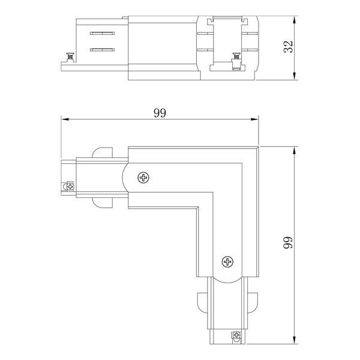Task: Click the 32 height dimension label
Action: pos(289,47)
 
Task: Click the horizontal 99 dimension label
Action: pos(160,113)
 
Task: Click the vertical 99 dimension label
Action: pos(289,242)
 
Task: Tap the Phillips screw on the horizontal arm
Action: pos(143,178)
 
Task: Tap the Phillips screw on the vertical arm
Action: pos(227,262)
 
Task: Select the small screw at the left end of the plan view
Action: pos(70,186)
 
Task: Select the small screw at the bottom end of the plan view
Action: pos(236,335)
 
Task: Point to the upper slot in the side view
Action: pos(102,33)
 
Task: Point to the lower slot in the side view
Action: pos(102,50)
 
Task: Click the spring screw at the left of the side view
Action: pos(70,57)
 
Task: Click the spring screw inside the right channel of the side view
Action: pos(236,57)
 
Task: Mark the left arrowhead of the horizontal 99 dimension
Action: pos(65,119)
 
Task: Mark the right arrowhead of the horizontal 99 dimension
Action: pos(254,119)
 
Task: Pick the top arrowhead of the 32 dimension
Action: pos(295,20)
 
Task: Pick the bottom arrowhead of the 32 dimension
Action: pos(295,76)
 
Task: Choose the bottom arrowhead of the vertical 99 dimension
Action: pos(295,340)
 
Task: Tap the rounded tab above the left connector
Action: pos(103,152)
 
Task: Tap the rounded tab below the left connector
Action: pos(103,203)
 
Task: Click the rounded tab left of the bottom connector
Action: pos(202,302)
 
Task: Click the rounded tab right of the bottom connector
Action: pos(253,302)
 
